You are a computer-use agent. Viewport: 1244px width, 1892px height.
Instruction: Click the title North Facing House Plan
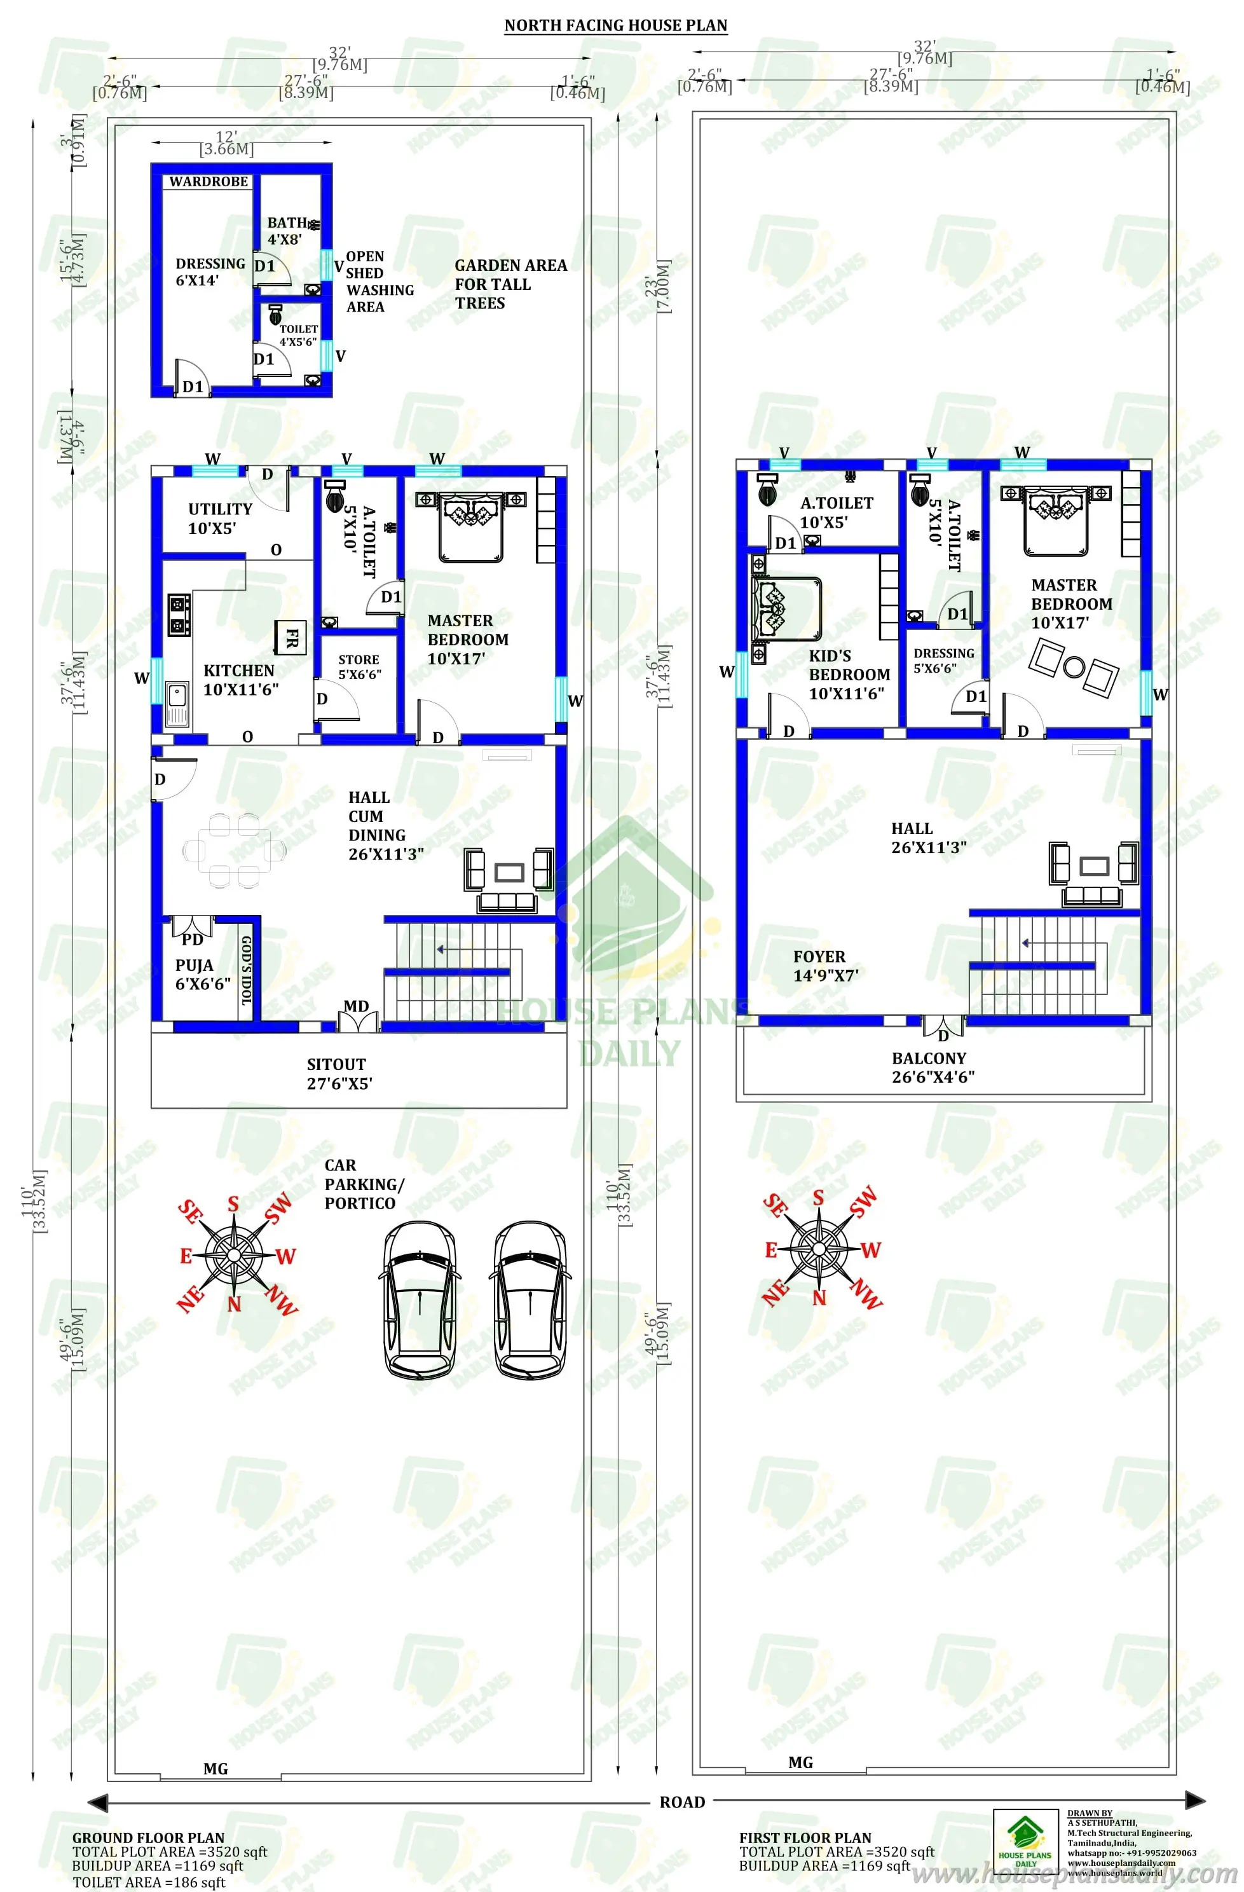pyautogui.click(x=615, y=25)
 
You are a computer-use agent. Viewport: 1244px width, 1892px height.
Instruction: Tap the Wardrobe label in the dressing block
pyautogui.click(x=208, y=182)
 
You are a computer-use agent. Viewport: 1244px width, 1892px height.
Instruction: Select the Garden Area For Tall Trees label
pyautogui.click(x=510, y=284)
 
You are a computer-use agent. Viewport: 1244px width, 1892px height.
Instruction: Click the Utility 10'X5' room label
pyautogui.click(x=219, y=518)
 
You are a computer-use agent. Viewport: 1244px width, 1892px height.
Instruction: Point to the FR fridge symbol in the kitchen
pyautogui.click(x=291, y=637)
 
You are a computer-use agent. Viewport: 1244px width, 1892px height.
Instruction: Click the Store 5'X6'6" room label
pyautogui.click(x=359, y=667)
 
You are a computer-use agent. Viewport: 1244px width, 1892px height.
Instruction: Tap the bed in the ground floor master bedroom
pyautogui.click(x=470, y=527)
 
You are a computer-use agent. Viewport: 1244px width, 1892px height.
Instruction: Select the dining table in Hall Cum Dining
pyautogui.click(x=233, y=850)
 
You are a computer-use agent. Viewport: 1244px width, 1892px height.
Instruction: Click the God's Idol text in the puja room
pyautogui.click(x=247, y=970)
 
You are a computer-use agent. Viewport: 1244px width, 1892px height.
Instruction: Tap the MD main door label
pyautogui.click(x=356, y=1006)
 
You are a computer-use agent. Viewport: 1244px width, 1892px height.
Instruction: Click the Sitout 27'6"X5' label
pyautogui.click(x=339, y=1073)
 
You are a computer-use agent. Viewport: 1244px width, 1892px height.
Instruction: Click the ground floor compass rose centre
pyautogui.click(x=234, y=1254)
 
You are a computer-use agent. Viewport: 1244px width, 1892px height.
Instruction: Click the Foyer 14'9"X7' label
pyautogui.click(x=825, y=966)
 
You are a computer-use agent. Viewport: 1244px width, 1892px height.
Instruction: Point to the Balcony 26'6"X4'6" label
pyautogui.click(x=933, y=1067)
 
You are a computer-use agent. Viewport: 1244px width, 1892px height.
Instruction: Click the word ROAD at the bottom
pyautogui.click(x=682, y=1802)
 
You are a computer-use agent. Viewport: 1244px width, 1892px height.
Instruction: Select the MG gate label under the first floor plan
pyautogui.click(x=800, y=1762)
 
